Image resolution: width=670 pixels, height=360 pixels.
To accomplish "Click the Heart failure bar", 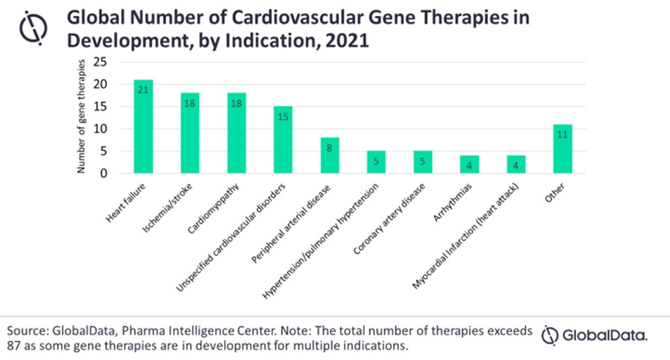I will click(143, 127).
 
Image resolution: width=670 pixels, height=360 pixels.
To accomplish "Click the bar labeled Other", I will click(563, 149).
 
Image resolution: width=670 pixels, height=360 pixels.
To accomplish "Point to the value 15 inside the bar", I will click(283, 116).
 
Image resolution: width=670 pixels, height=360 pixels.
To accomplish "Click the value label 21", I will click(143, 90).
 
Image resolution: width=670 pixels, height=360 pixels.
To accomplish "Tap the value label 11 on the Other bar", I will click(563, 135).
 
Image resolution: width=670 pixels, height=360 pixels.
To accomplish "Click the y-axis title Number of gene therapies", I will click(81, 117).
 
